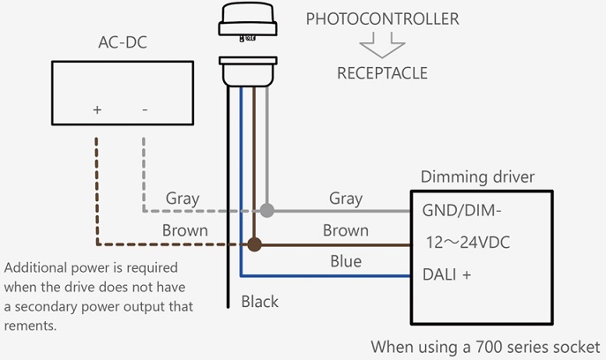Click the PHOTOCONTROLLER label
click(381, 19)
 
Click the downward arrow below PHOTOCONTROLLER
click(382, 45)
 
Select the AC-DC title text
click(122, 42)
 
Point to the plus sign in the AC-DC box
click(97, 109)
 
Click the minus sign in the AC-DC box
click(144, 109)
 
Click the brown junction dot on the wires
click(255, 244)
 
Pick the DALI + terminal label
click(448, 274)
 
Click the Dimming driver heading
click(477, 177)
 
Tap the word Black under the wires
click(260, 302)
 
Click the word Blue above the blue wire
click(344, 261)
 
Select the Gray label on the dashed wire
click(183, 199)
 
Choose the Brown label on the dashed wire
click(184, 230)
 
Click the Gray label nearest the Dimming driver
click(346, 199)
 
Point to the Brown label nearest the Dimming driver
click(345, 230)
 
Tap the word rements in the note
click(32, 326)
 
